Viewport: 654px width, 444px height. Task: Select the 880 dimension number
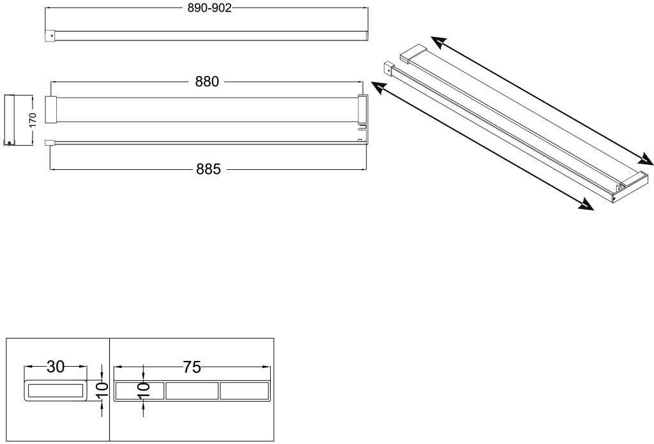pos(207,82)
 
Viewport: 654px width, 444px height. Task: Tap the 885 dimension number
pos(208,169)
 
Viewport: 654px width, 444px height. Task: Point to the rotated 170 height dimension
pos(33,119)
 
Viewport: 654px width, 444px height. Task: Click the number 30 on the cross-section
pos(56,367)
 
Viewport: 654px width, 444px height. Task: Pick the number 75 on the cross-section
pos(192,367)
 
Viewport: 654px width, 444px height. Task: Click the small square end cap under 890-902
pos(50,36)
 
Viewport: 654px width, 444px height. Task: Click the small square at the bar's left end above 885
pos(49,144)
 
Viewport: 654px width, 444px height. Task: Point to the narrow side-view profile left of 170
pos(10,119)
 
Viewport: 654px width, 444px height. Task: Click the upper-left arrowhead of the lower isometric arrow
pos(377,88)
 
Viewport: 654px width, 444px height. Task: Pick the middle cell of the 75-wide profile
pos(192,391)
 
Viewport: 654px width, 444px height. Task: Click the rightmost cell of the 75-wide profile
pos(244,391)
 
